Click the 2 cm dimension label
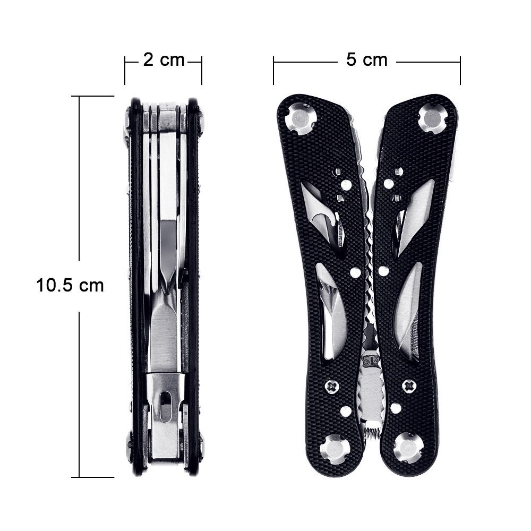[x=164, y=61]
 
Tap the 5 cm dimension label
[x=367, y=60]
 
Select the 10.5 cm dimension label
[x=70, y=285]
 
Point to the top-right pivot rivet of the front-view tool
[x=432, y=118]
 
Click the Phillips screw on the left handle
[x=331, y=387]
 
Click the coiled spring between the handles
[x=372, y=432]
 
